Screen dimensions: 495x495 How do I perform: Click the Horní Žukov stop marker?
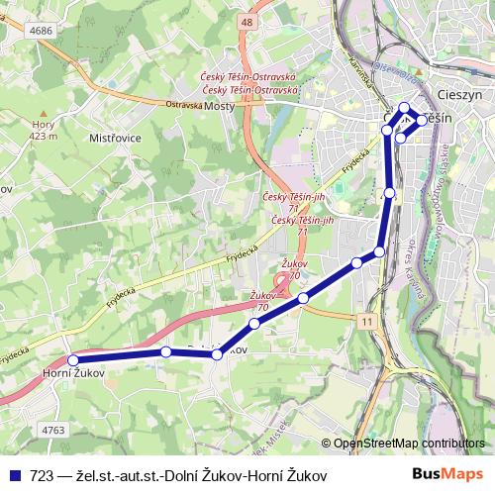[72, 360]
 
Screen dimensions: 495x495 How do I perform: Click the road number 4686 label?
[41, 32]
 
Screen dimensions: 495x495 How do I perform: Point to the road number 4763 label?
[53, 431]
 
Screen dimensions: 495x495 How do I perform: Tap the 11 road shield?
[367, 322]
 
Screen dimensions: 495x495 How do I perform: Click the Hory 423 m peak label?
[45, 130]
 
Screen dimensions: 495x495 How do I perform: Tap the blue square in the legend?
[14, 475]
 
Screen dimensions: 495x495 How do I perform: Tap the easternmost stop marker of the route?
[422, 120]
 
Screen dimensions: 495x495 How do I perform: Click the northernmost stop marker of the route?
[404, 108]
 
